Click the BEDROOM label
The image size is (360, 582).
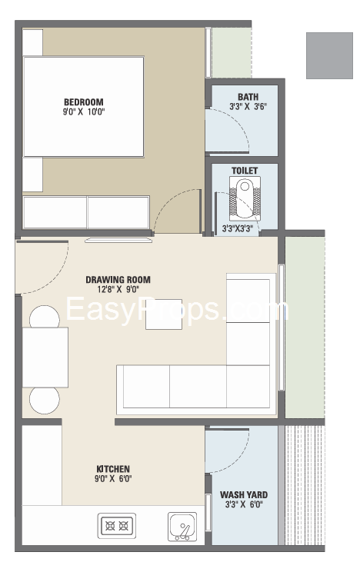coord(84,102)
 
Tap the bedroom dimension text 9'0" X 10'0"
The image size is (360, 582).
coord(84,111)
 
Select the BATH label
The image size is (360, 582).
coord(248,97)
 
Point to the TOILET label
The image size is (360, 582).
coord(245,171)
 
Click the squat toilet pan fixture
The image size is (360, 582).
coord(245,199)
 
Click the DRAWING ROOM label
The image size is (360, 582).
coord(118,280)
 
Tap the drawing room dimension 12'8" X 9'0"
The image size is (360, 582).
coord(118,290)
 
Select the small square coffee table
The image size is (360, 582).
coord(164,314)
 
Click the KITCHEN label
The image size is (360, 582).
coord(113,469)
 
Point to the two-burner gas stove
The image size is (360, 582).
coord(117,526)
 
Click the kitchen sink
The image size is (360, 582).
coord(182,527)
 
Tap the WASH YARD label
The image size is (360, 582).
coord(244,495)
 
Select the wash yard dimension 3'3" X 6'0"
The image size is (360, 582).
coord(244,504)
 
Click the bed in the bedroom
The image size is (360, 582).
coord(84,107)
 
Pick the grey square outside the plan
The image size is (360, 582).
coord(329,55)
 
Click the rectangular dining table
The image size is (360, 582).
coord(45,357)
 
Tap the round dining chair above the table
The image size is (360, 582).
coord(45,317)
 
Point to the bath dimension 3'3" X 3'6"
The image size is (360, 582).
coord(248,107)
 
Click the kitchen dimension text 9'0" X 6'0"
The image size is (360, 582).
coord(113,479)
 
